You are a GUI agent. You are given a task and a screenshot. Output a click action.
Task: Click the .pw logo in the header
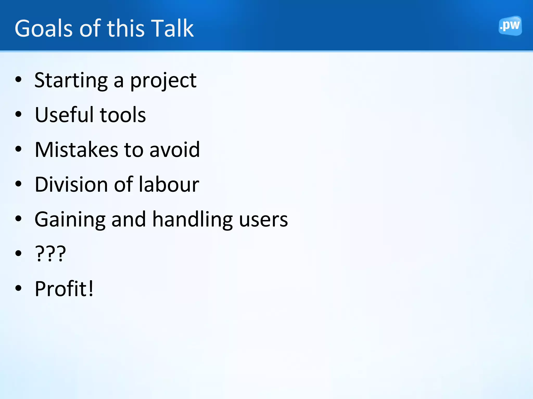tap(510, 26)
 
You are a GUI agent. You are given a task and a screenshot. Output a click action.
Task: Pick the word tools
tap(123, 115)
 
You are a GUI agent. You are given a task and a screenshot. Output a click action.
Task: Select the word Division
tap(71, 184)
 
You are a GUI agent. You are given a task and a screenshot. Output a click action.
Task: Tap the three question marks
tap(50, 254)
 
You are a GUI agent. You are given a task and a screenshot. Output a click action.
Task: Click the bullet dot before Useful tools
tap(18, 114)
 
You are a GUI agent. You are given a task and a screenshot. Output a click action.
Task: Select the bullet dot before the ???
tap(18, 253)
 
